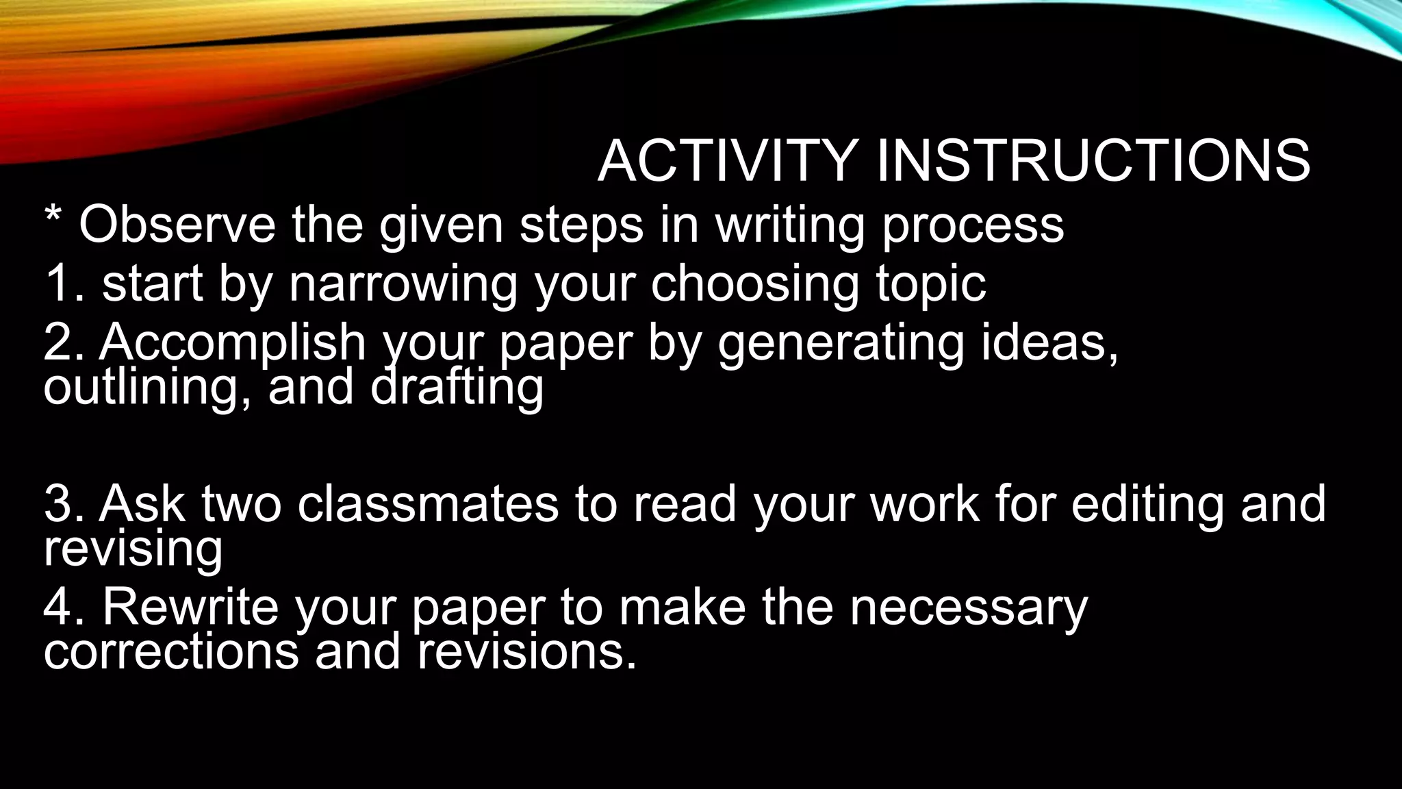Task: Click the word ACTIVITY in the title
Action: (728, 161)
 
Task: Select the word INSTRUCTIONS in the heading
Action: (1093, 161)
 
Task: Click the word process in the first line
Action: (973, 226)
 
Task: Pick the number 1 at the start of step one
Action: (58, 283)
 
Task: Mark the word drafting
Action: (457, 387)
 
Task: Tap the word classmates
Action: (428, 503)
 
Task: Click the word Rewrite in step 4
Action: (190, 607)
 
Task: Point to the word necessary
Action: (968, 608)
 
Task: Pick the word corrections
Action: (171, 651)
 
